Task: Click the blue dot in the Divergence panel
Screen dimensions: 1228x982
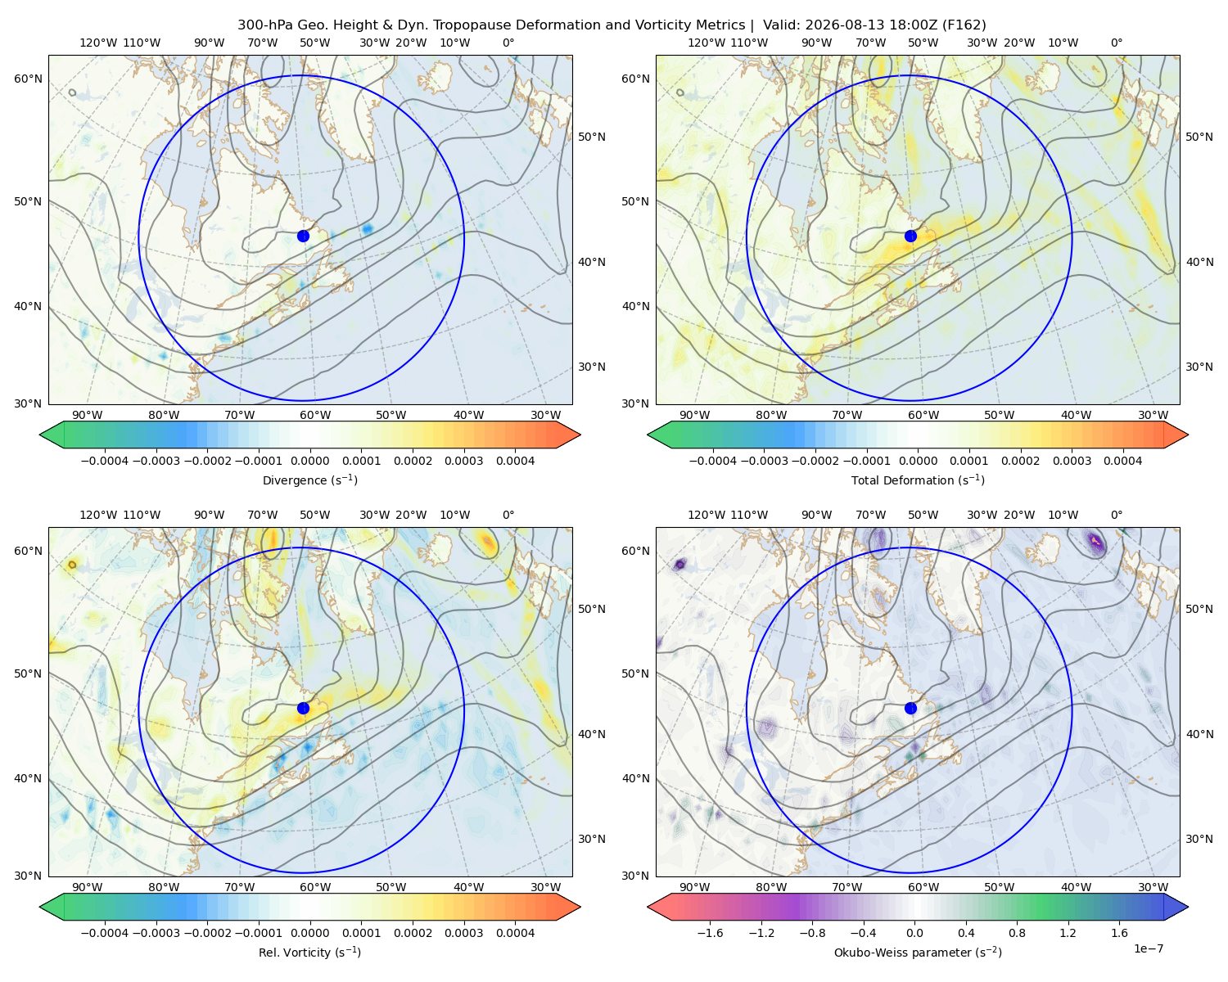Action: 303,236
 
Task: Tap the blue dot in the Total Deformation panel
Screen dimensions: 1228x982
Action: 910,236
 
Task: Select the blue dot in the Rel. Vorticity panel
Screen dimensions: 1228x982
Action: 303,708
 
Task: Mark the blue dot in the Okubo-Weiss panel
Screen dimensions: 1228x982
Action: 910,708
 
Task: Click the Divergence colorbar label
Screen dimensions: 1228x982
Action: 309,480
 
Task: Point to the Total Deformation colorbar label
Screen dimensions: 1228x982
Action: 918,480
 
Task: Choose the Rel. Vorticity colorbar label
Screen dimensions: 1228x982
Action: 309,953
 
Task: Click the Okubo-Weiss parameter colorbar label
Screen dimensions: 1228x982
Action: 918,953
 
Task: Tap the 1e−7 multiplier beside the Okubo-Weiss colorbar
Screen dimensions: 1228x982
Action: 1148,948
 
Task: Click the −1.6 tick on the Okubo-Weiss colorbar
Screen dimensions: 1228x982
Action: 710,933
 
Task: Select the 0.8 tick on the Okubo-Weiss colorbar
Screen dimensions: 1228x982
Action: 1017,933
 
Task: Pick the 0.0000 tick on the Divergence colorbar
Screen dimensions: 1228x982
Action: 309,461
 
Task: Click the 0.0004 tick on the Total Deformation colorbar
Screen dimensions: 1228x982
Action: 1122,461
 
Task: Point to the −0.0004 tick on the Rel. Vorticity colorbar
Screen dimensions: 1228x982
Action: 105,933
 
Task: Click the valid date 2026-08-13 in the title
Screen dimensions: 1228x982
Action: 837,25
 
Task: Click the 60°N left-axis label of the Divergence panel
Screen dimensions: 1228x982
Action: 28,79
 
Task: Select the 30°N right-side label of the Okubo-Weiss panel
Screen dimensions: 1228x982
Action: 1199,839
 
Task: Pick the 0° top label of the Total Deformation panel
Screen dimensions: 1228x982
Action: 1116,43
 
